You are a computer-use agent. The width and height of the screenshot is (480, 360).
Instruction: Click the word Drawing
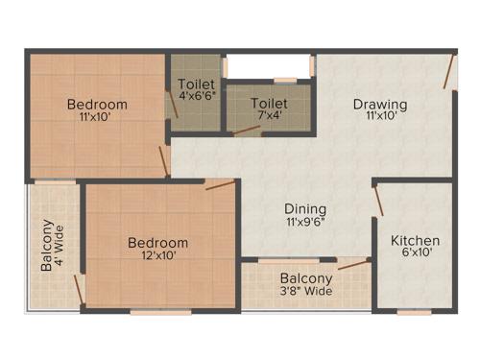[379, 104]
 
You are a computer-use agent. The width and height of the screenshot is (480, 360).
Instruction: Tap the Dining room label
[304, 208]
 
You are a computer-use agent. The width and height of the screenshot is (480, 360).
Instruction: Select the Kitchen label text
[415, 240]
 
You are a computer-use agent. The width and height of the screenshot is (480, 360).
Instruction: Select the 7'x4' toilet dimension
[269, 117]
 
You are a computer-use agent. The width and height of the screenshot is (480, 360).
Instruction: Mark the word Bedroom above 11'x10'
[97, 104]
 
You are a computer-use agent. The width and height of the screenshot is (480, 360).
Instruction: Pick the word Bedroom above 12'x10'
[157, 243]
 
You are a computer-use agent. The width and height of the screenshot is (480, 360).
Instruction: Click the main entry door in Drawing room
[448, 71]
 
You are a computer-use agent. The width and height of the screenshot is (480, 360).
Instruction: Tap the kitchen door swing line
[379, 200]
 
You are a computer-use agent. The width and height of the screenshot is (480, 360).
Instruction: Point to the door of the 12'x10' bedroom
[219, 184]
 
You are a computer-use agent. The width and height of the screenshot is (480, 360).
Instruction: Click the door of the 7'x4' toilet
[248, 132]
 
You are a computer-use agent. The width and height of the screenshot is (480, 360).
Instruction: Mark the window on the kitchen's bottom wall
[414, 312]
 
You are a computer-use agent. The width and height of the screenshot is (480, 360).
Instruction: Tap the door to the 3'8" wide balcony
[353, 263]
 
